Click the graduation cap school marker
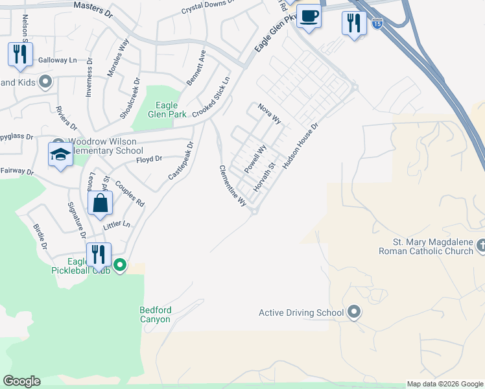(60, 154)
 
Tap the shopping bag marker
(101, 204)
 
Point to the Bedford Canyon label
(155, 314)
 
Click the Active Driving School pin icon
(353, 312)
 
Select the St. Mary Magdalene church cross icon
(480, 246)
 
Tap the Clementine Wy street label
(233, 185)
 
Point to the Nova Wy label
(269, 113)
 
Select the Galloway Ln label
(57, 60)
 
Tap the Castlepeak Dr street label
(180, 161)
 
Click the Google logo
(21, 381)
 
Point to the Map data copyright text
(444, 384)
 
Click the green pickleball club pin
(120, 265)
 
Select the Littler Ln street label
(117, 225)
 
